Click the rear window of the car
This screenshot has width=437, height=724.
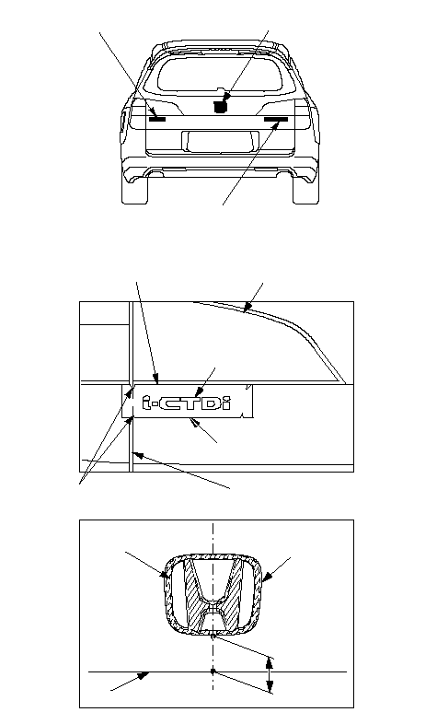point(220,73)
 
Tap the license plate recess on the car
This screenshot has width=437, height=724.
point(221,141)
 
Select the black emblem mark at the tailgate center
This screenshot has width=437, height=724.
point(222,106)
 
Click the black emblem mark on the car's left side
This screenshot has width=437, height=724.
point(157,119)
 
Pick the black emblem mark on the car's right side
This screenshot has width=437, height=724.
point(276,119)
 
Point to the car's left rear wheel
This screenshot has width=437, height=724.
point(134,189)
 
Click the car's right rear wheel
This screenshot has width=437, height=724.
point(305,189)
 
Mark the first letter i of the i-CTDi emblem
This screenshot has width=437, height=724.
point(147,403)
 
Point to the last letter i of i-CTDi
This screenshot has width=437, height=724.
point(226,403)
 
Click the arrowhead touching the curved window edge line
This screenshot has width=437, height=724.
point(247,307)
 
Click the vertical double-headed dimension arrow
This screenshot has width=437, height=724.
point(270,674)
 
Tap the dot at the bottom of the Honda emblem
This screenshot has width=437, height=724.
point(213,636)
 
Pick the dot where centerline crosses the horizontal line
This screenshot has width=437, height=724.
point(213,671)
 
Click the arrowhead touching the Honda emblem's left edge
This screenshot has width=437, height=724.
point(164,575)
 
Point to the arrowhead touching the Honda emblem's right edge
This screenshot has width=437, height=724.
point(267,576)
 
